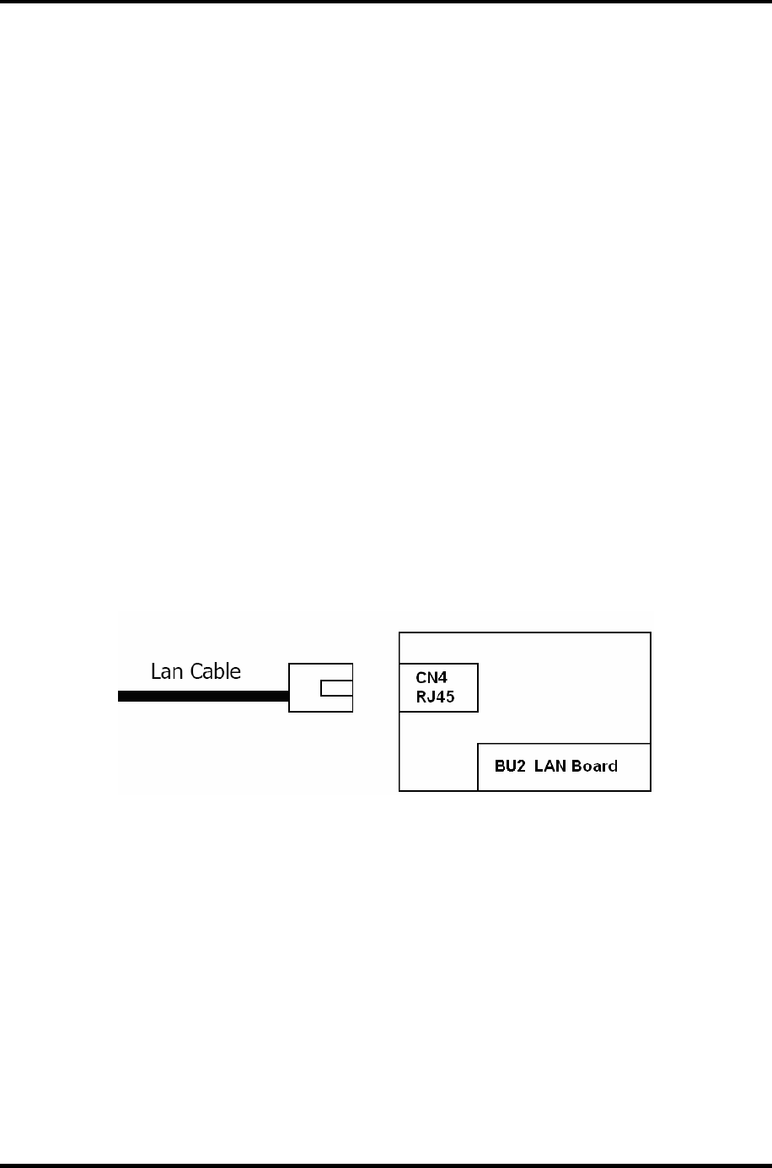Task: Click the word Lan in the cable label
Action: [x=169, y=671]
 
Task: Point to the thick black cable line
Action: [x=202, y=697]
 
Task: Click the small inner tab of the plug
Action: [x=335, y=688]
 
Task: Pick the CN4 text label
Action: [x=431, y=678]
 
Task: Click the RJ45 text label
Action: [x=435, y=697]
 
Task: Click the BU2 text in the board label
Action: [x=510, y=767]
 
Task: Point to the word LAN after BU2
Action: [x=550, y=767]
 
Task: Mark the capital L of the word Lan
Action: [x=156, y=671]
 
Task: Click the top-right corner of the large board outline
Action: [x=651, y=633]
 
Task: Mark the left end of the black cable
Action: [x=121, y=697]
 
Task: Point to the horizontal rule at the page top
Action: [x=386, y=3]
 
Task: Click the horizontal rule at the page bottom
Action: [x=386, y=1165]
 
